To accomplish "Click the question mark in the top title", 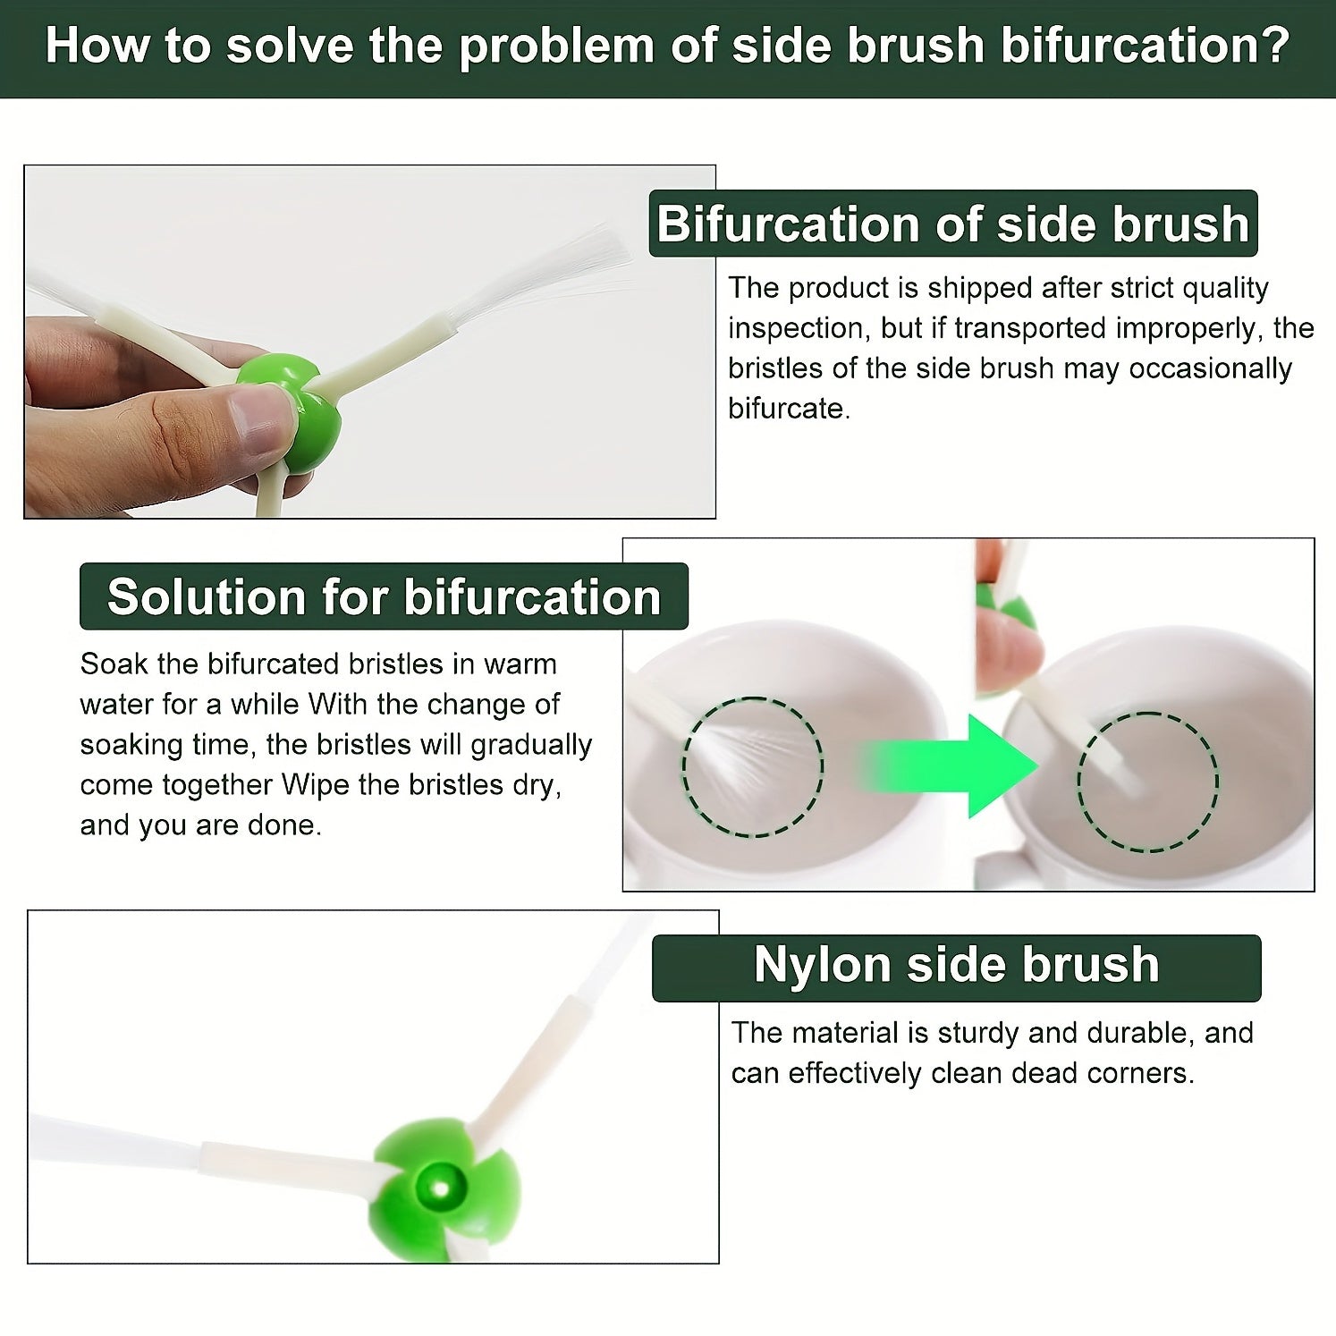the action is [1275, 45].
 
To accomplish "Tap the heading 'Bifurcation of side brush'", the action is [953, 224].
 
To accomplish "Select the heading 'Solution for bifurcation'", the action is [384, 596].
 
